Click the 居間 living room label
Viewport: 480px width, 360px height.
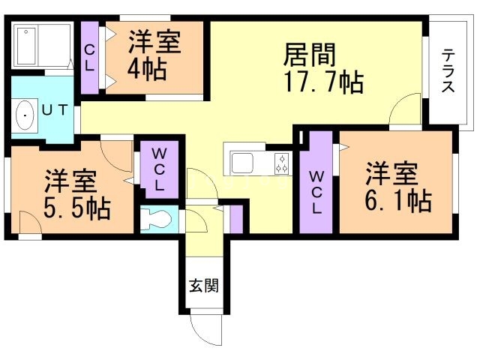(x=310, y=55)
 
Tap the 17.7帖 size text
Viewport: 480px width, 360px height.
(x=323, y=82)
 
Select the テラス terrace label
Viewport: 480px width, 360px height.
(x=448, y=70)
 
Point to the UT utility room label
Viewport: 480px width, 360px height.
(x=55, y=110)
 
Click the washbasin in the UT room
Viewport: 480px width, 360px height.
(x=25, y=115)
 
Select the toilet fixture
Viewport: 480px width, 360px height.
(x=157, y=219)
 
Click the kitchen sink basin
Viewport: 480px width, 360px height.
(x=242, y=163)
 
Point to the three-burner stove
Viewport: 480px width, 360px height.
(x=282, y=163)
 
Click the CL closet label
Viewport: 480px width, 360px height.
(x=89, y=58)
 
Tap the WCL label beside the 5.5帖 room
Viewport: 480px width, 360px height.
(x=159, y=169)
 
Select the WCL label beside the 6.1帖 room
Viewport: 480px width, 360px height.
(x=316, y=192)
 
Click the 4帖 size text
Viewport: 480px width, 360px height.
(x=147, y=70)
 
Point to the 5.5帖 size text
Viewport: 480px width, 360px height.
(x=76, y=208)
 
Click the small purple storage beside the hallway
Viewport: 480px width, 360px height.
(x=236, y=219)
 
